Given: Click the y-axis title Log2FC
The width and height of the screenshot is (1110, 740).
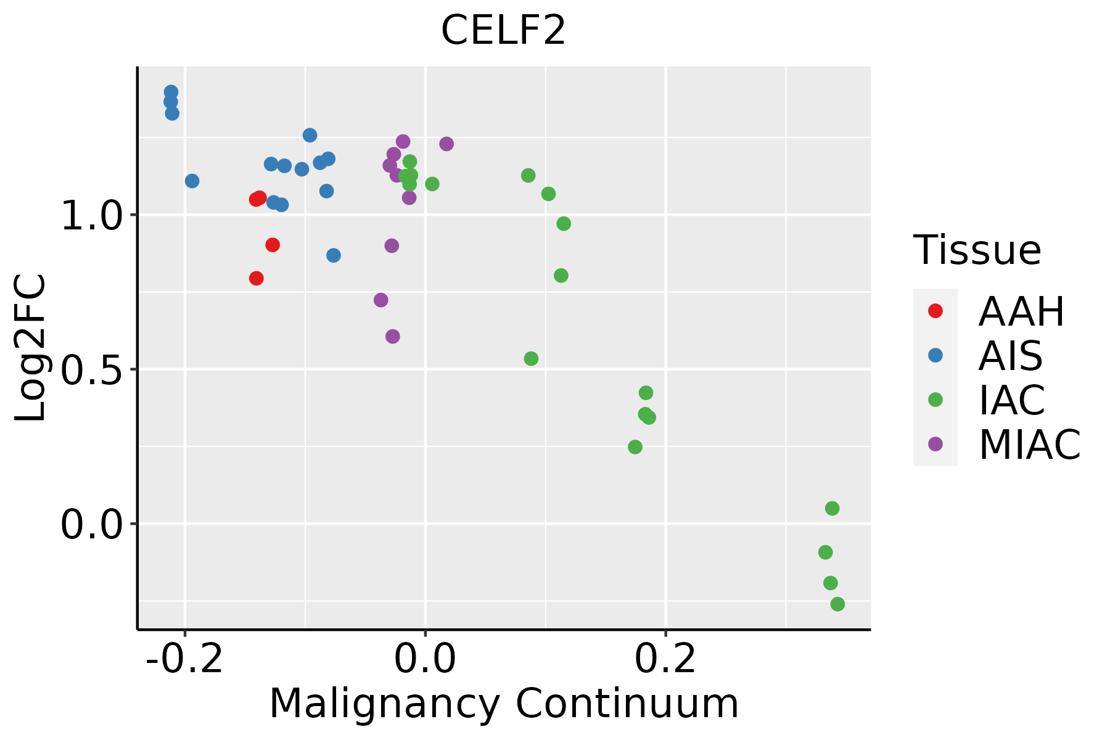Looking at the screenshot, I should point(31,348).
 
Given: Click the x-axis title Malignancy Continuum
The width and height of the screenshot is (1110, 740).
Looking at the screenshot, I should point(503,704).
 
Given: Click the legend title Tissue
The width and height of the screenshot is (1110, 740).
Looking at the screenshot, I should point(977,250).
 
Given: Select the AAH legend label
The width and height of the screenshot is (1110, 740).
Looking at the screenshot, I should point(1021,311).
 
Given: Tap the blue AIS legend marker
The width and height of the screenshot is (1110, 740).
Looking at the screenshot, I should point(935,355).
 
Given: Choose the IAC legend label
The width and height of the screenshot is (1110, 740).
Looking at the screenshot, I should point(1011,400).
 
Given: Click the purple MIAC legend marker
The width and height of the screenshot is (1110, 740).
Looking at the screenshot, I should point(935,444).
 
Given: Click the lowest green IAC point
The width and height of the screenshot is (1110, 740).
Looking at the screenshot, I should point(837,604).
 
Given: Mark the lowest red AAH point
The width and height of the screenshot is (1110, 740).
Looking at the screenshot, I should point(257,278).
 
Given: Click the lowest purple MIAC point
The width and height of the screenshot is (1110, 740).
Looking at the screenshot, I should point(392,336).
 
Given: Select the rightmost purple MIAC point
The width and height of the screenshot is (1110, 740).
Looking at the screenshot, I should point(446,144).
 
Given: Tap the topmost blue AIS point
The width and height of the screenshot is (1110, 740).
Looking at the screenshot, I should point(171,92).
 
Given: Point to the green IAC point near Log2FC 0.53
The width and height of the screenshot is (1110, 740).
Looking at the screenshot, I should point(531,358).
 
